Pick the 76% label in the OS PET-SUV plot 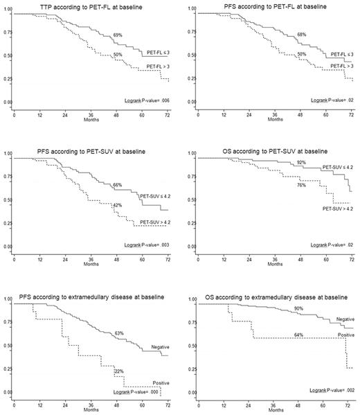click(x=300, y=185)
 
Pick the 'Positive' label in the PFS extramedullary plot click(x=160, y=382)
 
